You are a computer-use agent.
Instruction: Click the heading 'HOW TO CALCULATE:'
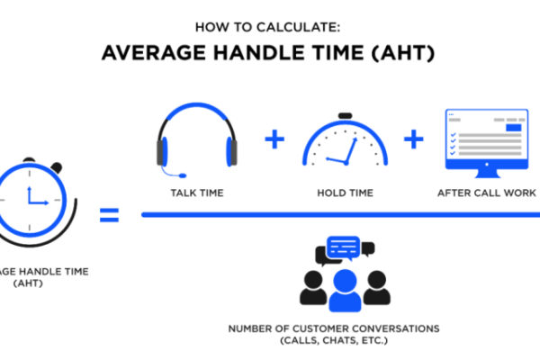(267, 27)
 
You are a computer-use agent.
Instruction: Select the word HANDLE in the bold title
(254, 53)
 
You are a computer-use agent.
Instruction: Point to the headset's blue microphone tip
(183, 175)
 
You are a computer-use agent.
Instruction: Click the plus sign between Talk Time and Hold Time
(274, 139)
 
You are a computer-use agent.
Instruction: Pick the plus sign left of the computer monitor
(414, 139)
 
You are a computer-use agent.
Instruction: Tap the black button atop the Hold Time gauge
(345, 116)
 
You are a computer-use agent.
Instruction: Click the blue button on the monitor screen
(514, 128)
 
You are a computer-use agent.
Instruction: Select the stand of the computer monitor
(487, 174)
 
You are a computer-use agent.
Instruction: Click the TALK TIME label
(197, 193)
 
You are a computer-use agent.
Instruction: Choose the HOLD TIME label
(345, 193)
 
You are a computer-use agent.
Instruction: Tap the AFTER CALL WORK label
(487, 193)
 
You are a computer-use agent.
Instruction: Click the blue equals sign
(109, 215)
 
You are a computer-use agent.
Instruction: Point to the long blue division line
(340, 214)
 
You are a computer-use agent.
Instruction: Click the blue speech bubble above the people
(344, 247)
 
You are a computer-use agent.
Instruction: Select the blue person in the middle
(345, 291)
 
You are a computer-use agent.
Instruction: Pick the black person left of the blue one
(313, 288)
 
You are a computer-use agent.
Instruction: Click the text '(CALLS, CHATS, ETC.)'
(334, 340)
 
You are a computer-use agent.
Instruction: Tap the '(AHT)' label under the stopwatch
(28, 283)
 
